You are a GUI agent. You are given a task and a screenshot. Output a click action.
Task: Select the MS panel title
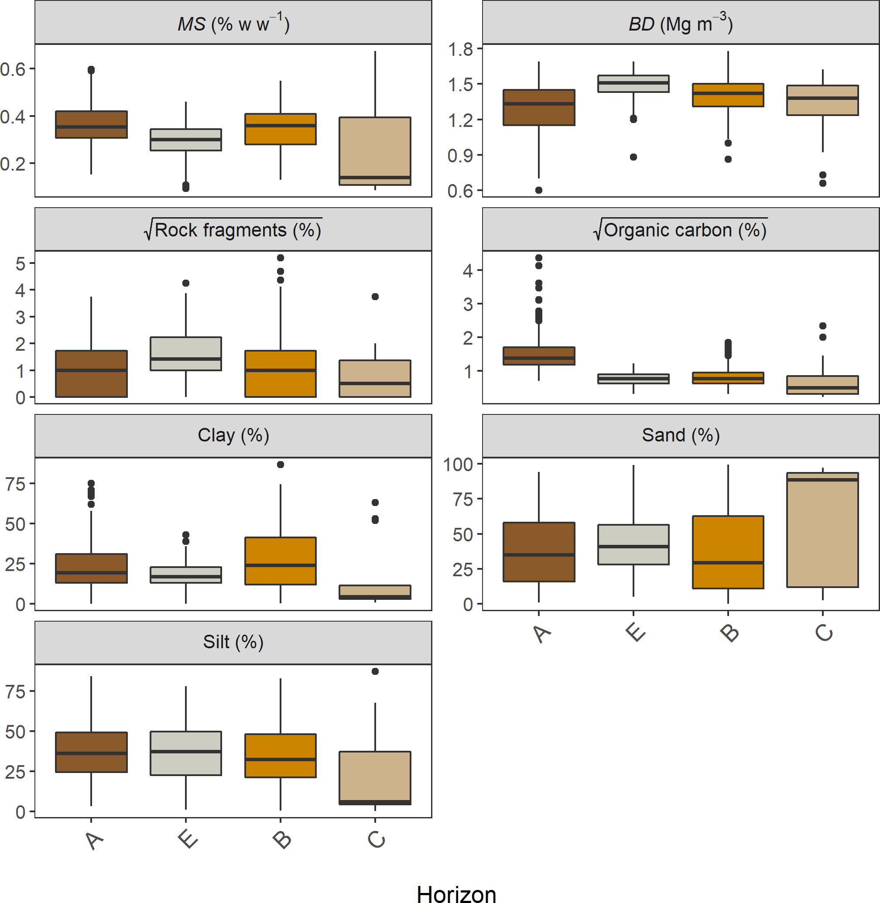tap(233, 24)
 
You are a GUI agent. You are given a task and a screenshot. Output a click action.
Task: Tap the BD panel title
tap(680, 24)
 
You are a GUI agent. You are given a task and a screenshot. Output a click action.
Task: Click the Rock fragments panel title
tap(233, 230)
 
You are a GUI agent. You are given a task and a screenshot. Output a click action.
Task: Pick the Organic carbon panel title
tap(680, 230)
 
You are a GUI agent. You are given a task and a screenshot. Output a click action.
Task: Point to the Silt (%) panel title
tap(233, 642)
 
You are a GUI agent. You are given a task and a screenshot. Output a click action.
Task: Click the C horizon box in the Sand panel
tap(822, 530)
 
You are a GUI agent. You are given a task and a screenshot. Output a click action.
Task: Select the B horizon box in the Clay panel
tap(281, 561)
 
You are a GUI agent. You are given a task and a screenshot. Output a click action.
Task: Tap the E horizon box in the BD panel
tap(633, 84)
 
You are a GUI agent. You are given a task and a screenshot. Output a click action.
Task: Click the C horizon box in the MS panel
tap(375, 150)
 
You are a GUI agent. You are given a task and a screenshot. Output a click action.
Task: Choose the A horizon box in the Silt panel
tap(92, 752)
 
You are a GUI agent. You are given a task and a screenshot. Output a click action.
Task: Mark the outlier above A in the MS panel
tap(92, 70)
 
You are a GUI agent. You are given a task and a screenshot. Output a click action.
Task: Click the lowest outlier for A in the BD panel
tap(539, 190)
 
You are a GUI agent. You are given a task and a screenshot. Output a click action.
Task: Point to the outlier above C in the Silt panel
tap(375, 671)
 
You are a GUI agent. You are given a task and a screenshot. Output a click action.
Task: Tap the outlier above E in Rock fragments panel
tap(186, 283)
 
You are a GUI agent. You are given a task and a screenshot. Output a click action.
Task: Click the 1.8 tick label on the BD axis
tap(460, 48)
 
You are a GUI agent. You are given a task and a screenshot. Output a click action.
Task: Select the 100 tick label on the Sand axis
tap(458, 464)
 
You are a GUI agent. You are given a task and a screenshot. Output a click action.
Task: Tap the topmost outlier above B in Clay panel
tap(281, 465)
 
